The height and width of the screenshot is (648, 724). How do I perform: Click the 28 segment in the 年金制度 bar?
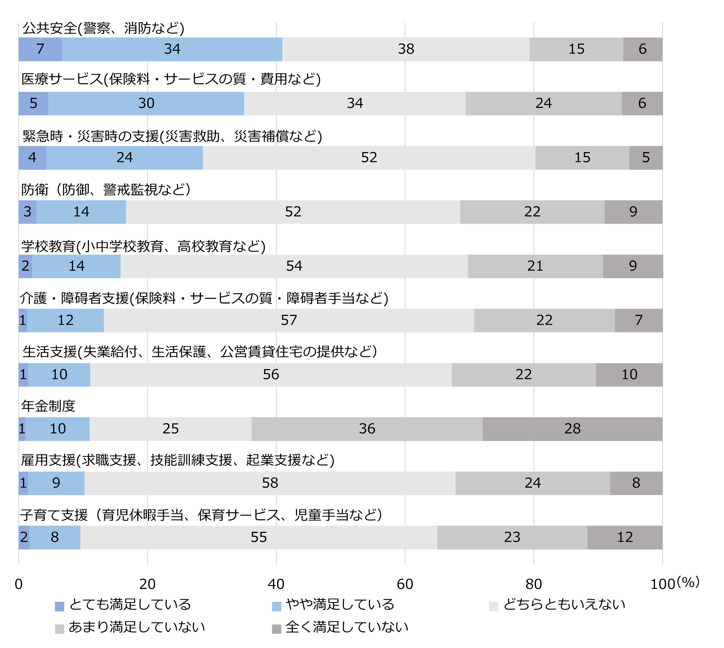tap(572, 429)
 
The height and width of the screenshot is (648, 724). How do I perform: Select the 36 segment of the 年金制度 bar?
tap(367, 429)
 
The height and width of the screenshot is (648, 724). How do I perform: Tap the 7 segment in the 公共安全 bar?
tap(40, 49)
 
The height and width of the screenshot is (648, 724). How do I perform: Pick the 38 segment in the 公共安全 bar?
tap(406, 49)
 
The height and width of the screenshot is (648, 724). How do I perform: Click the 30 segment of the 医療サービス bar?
tap(146, 103)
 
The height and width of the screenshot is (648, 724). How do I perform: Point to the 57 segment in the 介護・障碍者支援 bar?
tap(289, 320)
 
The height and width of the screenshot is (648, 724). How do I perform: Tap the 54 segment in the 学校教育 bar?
tap(294, 266)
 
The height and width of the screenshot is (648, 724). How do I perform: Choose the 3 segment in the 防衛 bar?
tap(27, 212)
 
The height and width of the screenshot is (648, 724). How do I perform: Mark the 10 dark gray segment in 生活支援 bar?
tap(629, 375)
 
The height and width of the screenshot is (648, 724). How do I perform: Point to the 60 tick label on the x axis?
tap(405, 584)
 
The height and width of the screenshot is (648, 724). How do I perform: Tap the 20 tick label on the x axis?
tap(147, 584)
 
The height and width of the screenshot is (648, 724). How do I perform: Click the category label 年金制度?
tap(48, 406)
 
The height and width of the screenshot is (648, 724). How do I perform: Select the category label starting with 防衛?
tap(106, 189)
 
